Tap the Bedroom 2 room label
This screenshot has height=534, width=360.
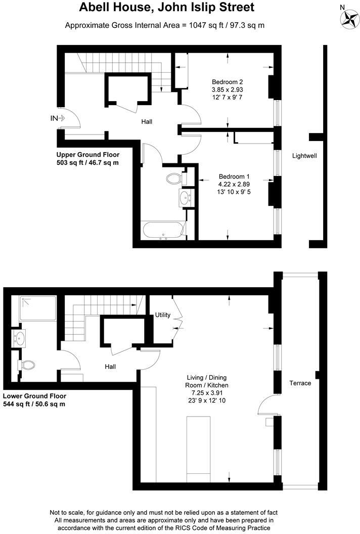point(228,82)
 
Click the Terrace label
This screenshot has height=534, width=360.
point(300,383)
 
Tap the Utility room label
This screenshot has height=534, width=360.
point(163,315)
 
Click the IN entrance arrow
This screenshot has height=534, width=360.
point(58,118)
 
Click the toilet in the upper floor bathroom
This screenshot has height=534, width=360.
point(174,179)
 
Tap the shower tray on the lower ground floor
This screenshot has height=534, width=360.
point(38,308)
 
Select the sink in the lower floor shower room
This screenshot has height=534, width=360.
point(21,338)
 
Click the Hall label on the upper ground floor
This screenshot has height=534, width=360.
point(147,121)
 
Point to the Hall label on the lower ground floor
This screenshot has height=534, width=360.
point(110,367)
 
